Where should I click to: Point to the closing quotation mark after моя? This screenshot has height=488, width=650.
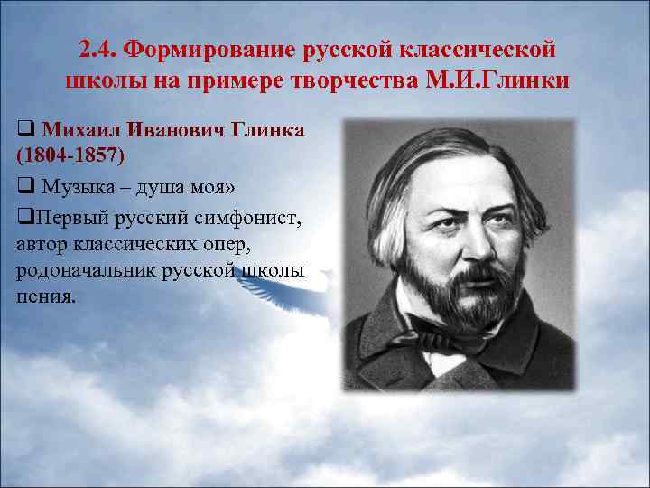coord(236,186)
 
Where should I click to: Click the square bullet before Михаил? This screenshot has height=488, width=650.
coord(23,130)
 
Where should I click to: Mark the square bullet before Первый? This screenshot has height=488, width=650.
coord(22,220)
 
